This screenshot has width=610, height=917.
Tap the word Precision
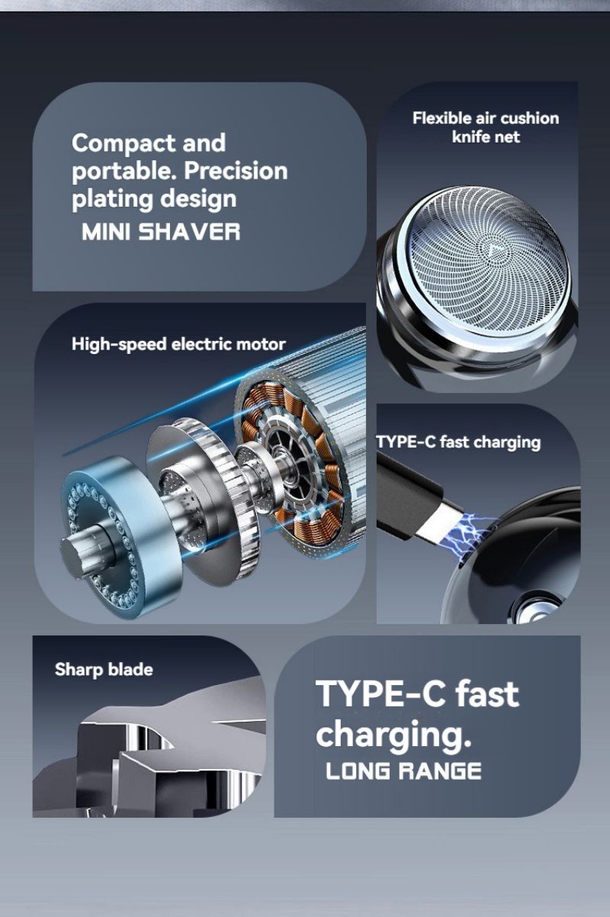236,171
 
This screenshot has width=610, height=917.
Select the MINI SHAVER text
161,231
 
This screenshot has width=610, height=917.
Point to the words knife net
486,137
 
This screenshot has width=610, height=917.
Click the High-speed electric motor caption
178,344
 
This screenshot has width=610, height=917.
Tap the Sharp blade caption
104,670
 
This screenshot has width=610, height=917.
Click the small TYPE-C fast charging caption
458,442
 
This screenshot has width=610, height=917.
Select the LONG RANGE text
403,771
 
